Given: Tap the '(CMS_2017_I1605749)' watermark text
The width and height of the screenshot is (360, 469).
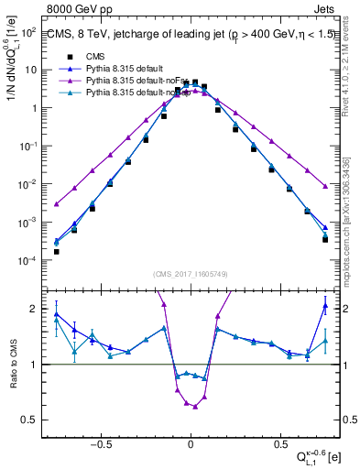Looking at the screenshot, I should (191, 274).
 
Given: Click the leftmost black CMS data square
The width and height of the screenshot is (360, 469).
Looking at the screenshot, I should (57, 251).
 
